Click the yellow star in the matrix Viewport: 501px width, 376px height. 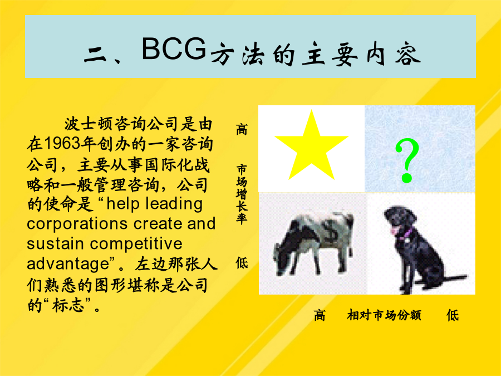[312, 147]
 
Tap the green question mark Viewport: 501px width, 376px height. [407, 160]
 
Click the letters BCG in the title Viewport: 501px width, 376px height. [174, 48]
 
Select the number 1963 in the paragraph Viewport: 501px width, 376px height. [62, 144]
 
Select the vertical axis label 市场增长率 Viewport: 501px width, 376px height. [242, 194]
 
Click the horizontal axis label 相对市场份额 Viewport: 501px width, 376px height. [384, 315]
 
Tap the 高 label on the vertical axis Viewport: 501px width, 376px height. [242, 129]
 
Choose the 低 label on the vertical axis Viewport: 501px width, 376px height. [242, 263]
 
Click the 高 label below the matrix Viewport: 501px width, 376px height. [320, 315]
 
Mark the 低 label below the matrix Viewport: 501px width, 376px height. [453, 315]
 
